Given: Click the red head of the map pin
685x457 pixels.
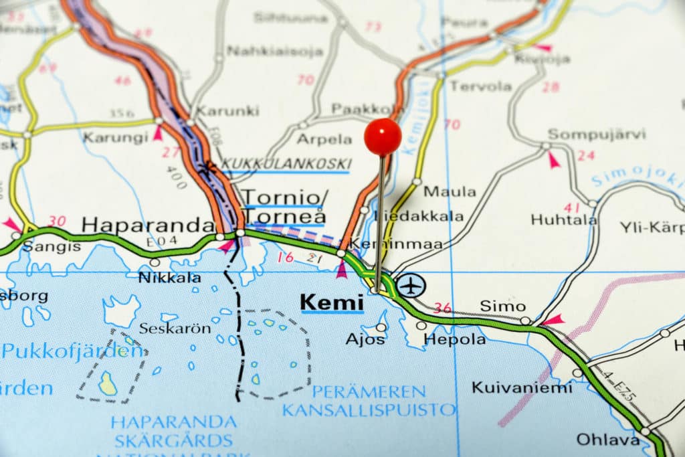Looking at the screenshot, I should [x=383, y=136].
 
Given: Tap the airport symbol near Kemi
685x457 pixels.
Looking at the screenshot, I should [x=411, y=286].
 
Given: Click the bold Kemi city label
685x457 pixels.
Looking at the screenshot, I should [x=332, y=302].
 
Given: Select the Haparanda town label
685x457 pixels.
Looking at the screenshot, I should [x=148, y=225].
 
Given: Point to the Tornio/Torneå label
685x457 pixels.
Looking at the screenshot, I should [x=284, y=207].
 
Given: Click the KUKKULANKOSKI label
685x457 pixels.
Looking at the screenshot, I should [x=286, y=164].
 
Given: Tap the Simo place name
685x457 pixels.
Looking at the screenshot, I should [x=503, y=306].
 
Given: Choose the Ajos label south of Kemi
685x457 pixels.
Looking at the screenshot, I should [x=365, y=339].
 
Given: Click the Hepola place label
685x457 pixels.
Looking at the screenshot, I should [x=455, y=339].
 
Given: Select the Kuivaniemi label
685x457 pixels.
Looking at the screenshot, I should [x=522, y=387].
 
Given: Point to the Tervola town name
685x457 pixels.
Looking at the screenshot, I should [x=480, y=86].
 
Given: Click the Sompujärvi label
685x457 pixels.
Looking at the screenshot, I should [x=597, y=134].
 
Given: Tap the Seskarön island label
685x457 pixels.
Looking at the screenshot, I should [x=175, y=329].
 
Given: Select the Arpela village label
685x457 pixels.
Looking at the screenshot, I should [x=324, y=139].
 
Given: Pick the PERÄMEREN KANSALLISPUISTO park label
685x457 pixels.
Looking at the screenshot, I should [x=369, y=400].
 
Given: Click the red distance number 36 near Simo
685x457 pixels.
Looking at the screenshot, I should [x=442, y=308].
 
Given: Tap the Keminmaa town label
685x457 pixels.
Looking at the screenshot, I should [x=397, y=244].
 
